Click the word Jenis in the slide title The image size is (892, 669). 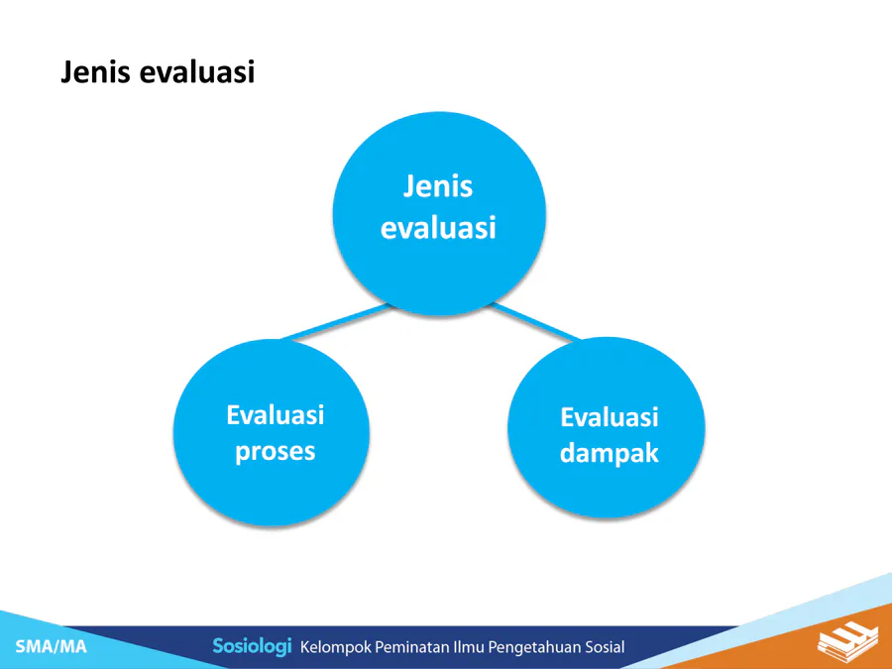coord(95,72)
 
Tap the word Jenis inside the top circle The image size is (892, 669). coord(438,186)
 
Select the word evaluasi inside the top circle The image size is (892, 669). coord(438,227)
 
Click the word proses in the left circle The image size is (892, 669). coord(276,452)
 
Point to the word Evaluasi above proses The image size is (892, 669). coord(276,414)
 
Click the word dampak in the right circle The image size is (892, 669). coord(610,453)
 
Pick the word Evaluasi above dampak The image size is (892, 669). coord(610,417)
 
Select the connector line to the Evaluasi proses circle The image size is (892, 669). coord(337,322)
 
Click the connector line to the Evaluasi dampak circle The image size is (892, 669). coord(535,322)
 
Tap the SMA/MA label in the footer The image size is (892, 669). coord(52,646)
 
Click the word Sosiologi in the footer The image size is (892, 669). coord(252,646)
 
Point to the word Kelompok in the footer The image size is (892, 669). coord(335,647)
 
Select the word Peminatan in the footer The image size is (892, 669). coord(412,647)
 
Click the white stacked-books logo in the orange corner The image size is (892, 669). coord(847,641)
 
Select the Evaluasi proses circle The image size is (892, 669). coord(272,433)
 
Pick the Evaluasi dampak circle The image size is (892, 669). coord(607,428)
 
